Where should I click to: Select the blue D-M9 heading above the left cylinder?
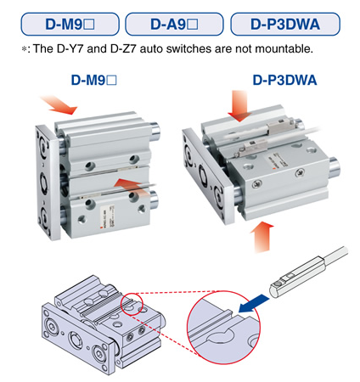94,82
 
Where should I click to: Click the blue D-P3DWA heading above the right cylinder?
285,82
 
